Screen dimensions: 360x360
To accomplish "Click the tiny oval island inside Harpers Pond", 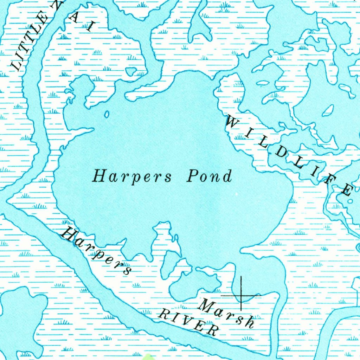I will (x=107, y=114).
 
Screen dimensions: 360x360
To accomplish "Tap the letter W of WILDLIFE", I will (x=233, y=123).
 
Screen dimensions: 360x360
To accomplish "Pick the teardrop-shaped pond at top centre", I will (x=200, y=28).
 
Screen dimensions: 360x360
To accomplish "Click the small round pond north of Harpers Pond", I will (x=131, y=71).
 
